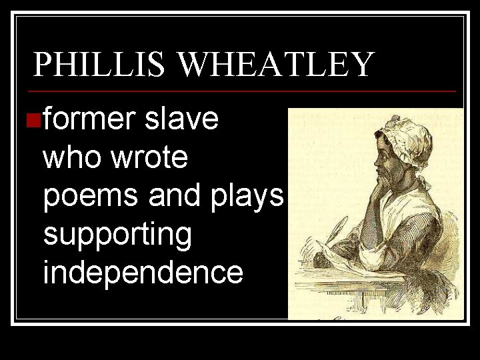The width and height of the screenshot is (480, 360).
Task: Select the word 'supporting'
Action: (x=117, y=235)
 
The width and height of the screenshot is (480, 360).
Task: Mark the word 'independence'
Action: (x=143, y=272)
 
